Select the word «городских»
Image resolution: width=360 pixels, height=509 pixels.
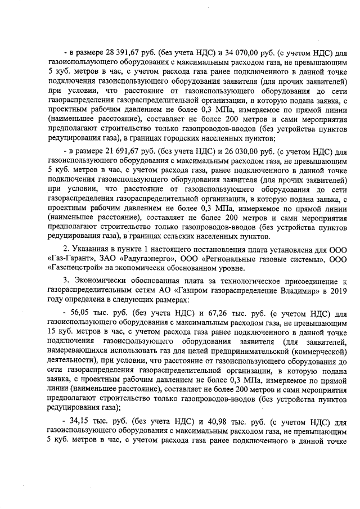pos(197,138)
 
